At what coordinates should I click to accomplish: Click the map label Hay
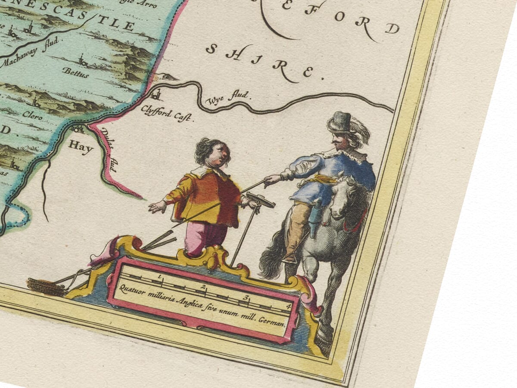point(81,147)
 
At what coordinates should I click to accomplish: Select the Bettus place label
point(75,72)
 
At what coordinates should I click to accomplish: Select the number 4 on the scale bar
point(288,307)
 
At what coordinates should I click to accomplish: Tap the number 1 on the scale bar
point(159,276)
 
